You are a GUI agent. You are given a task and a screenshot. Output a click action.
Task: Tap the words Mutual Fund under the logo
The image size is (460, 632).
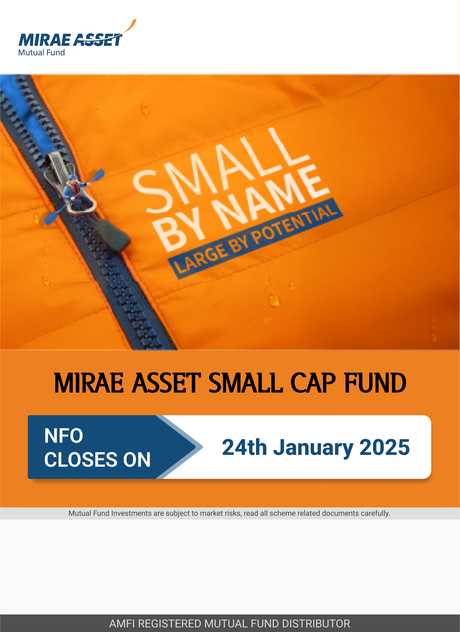tap(42, 52)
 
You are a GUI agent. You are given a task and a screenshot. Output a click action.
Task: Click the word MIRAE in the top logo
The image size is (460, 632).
tap(45, 40)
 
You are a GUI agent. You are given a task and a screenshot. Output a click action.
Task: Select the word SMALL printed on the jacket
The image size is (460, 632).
tap(220, 170)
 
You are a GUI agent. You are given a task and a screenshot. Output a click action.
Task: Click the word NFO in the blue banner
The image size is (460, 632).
tap(63, 436)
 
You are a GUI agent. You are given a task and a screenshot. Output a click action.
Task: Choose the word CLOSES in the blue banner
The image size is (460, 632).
tap(81, 460)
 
